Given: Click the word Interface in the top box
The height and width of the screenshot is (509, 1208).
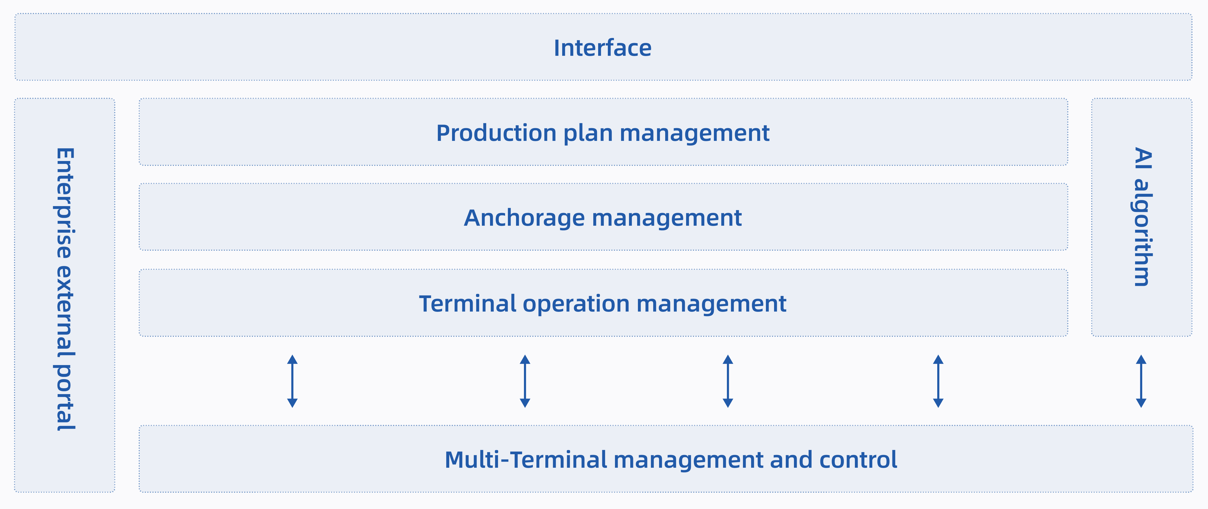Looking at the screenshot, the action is coord(602,48).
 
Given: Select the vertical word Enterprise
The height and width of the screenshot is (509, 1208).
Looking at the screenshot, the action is coord(65,203).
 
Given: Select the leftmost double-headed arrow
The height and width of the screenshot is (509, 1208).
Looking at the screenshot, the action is coord(292,381).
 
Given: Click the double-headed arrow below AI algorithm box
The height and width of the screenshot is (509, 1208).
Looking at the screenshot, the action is coord(1141,381).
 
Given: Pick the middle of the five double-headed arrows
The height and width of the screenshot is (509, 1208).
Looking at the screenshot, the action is coord(728,381).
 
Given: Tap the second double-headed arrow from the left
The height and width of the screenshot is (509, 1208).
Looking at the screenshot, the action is coord(525,381).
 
